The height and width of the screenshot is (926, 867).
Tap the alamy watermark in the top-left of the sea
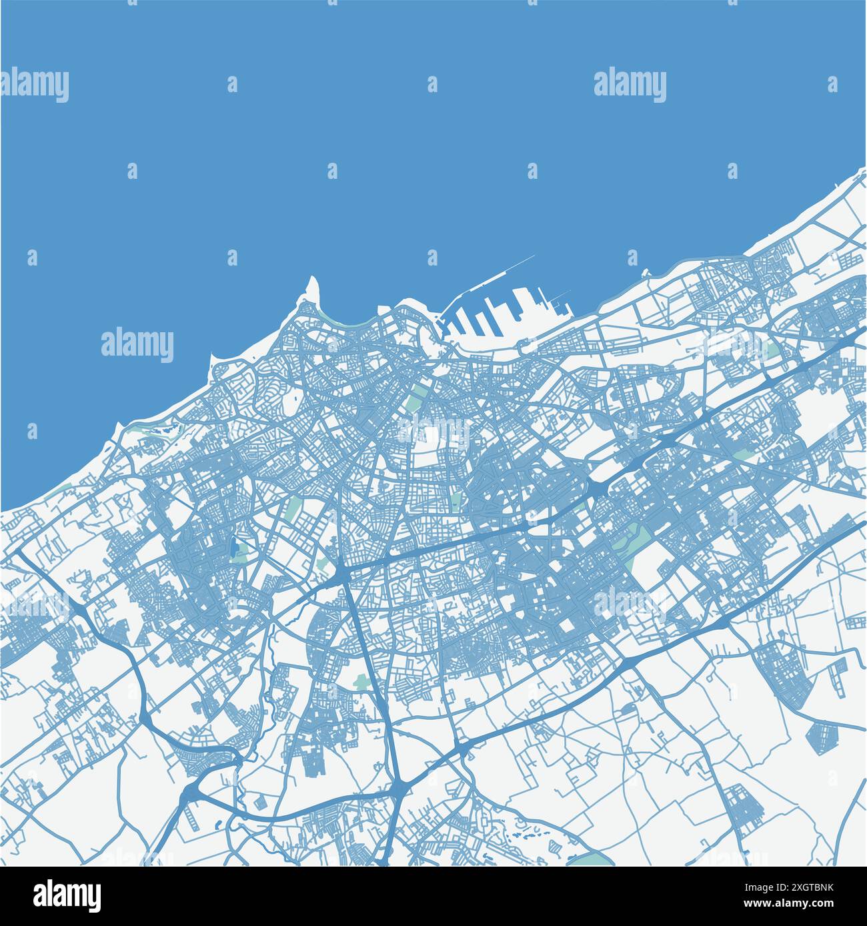coord(35,85)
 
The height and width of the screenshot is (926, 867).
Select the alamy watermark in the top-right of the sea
coord(630,85)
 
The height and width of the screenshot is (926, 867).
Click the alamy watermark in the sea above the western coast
coord(137,344)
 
